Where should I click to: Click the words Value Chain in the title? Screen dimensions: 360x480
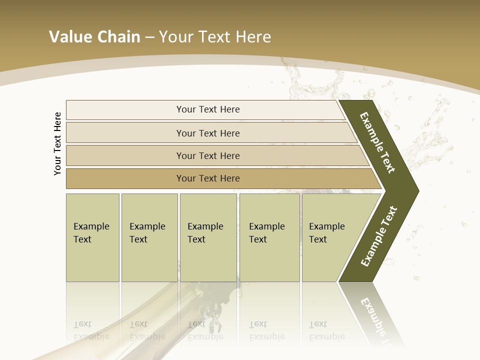[94, 37]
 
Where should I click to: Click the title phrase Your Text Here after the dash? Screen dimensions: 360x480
[215, 37]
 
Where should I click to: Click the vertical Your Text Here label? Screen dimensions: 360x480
[58, 143]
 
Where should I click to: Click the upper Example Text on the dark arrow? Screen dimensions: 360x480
[377, 143]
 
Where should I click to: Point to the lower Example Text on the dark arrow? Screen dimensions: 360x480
[379, 236]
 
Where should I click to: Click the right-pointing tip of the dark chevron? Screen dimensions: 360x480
[414, 190]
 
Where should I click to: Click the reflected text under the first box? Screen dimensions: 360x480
[91, 330]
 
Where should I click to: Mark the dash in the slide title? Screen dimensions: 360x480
[149, 37]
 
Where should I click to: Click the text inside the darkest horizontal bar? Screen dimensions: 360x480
[208, 178]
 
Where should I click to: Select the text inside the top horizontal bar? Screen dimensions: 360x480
[208, 109]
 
